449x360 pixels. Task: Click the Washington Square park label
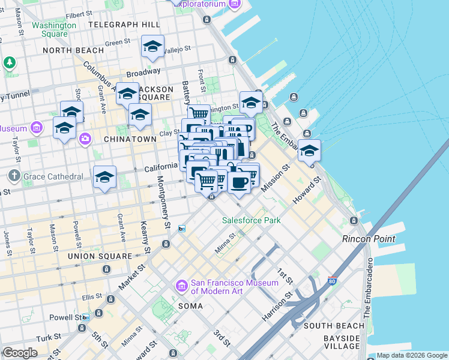54,29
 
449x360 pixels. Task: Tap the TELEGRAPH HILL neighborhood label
124,25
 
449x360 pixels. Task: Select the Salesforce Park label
252,220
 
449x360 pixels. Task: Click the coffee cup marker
239,182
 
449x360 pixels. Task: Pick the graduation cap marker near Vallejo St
153,47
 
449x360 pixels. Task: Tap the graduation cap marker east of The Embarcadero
309,151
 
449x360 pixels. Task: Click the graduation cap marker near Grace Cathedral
104,178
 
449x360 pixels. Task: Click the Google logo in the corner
20,353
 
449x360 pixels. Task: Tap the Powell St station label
68,317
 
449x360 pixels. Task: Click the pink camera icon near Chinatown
85,139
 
